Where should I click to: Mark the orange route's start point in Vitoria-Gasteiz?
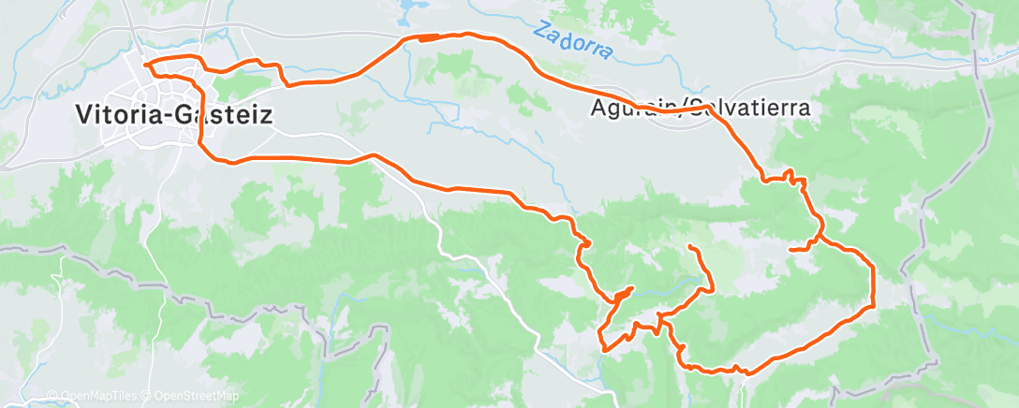(147, 64)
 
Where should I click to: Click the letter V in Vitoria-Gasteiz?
(82, 115)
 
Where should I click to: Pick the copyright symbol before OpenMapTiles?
(53, 396)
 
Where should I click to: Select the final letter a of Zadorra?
(607, 53)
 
